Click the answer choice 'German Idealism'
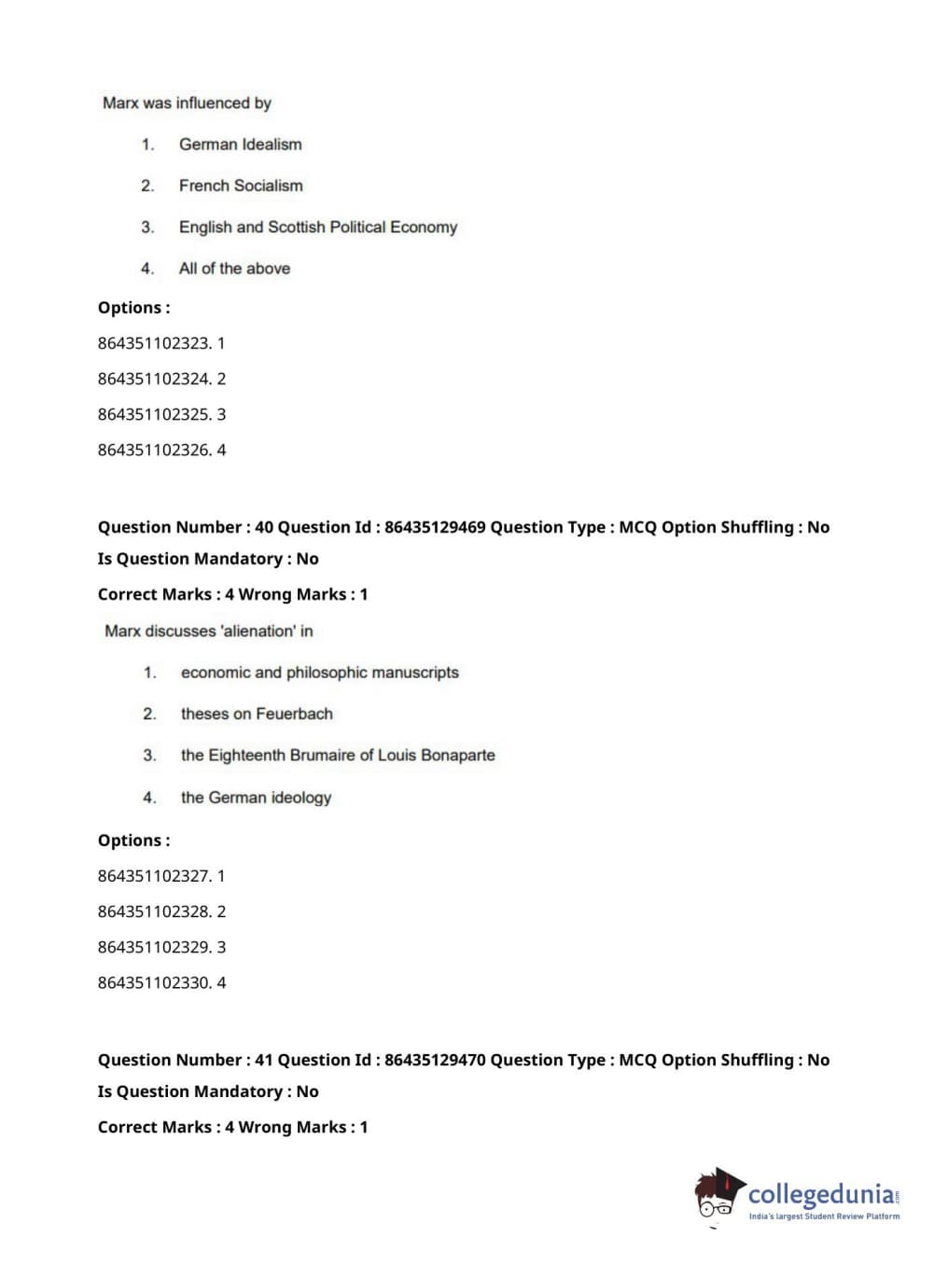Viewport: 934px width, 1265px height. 240,145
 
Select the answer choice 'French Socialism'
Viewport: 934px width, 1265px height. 241,186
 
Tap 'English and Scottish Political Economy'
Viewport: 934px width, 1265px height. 317,227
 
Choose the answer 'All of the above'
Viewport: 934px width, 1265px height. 234,269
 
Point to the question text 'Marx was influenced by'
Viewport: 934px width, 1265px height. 187,103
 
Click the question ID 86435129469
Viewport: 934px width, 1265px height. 435,527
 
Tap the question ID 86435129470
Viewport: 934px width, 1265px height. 435,1060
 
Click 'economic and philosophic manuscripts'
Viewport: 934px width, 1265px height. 319,673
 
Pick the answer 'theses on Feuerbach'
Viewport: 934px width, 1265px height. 257,714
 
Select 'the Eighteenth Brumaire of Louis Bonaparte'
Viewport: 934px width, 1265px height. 338,755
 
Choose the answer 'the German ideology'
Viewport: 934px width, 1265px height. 256,798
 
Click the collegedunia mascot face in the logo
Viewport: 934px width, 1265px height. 717,1196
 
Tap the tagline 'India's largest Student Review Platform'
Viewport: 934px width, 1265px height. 824,1216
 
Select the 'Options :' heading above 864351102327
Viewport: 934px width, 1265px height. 133,841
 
